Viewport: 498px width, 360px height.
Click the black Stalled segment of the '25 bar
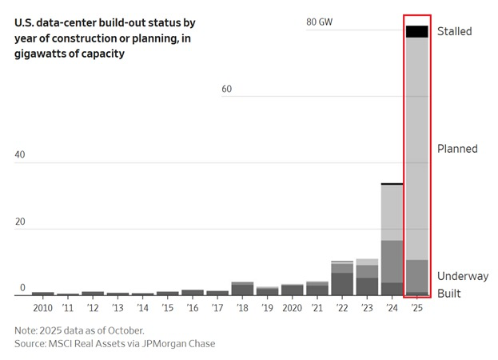coord(416,31)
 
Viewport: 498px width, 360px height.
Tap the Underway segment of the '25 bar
coord(416,275)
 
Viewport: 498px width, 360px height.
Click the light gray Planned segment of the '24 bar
coord(392,212)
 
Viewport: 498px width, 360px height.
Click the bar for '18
coord(242,289)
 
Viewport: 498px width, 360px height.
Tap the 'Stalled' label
coord(454,31)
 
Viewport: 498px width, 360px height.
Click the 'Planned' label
coord(456,149)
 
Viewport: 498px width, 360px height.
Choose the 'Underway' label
coord(462,276)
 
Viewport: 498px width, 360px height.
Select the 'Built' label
coord(448,294)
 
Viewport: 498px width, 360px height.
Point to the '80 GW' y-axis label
coord(319,22)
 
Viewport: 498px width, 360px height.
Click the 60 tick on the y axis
coord(226,89)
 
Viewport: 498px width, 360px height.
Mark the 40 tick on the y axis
coord(22,154)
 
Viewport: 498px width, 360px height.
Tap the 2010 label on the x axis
coord(43,308)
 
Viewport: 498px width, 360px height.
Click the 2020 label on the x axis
coord(292,308)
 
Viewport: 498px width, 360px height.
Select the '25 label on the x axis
coord(416,308)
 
